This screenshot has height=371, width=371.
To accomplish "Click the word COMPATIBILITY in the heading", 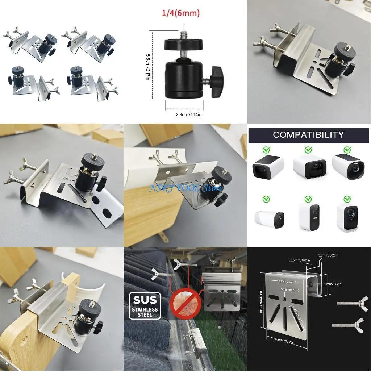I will pyautogui.click(x=308, y=135).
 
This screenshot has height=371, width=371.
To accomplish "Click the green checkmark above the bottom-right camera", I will pyautogui.click(x=347, y=199).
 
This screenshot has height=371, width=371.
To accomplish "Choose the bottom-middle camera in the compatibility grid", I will pyautogui.click(x=309, y=217).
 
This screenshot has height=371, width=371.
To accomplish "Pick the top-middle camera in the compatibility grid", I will pyautogui.click(x=309, y=167).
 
